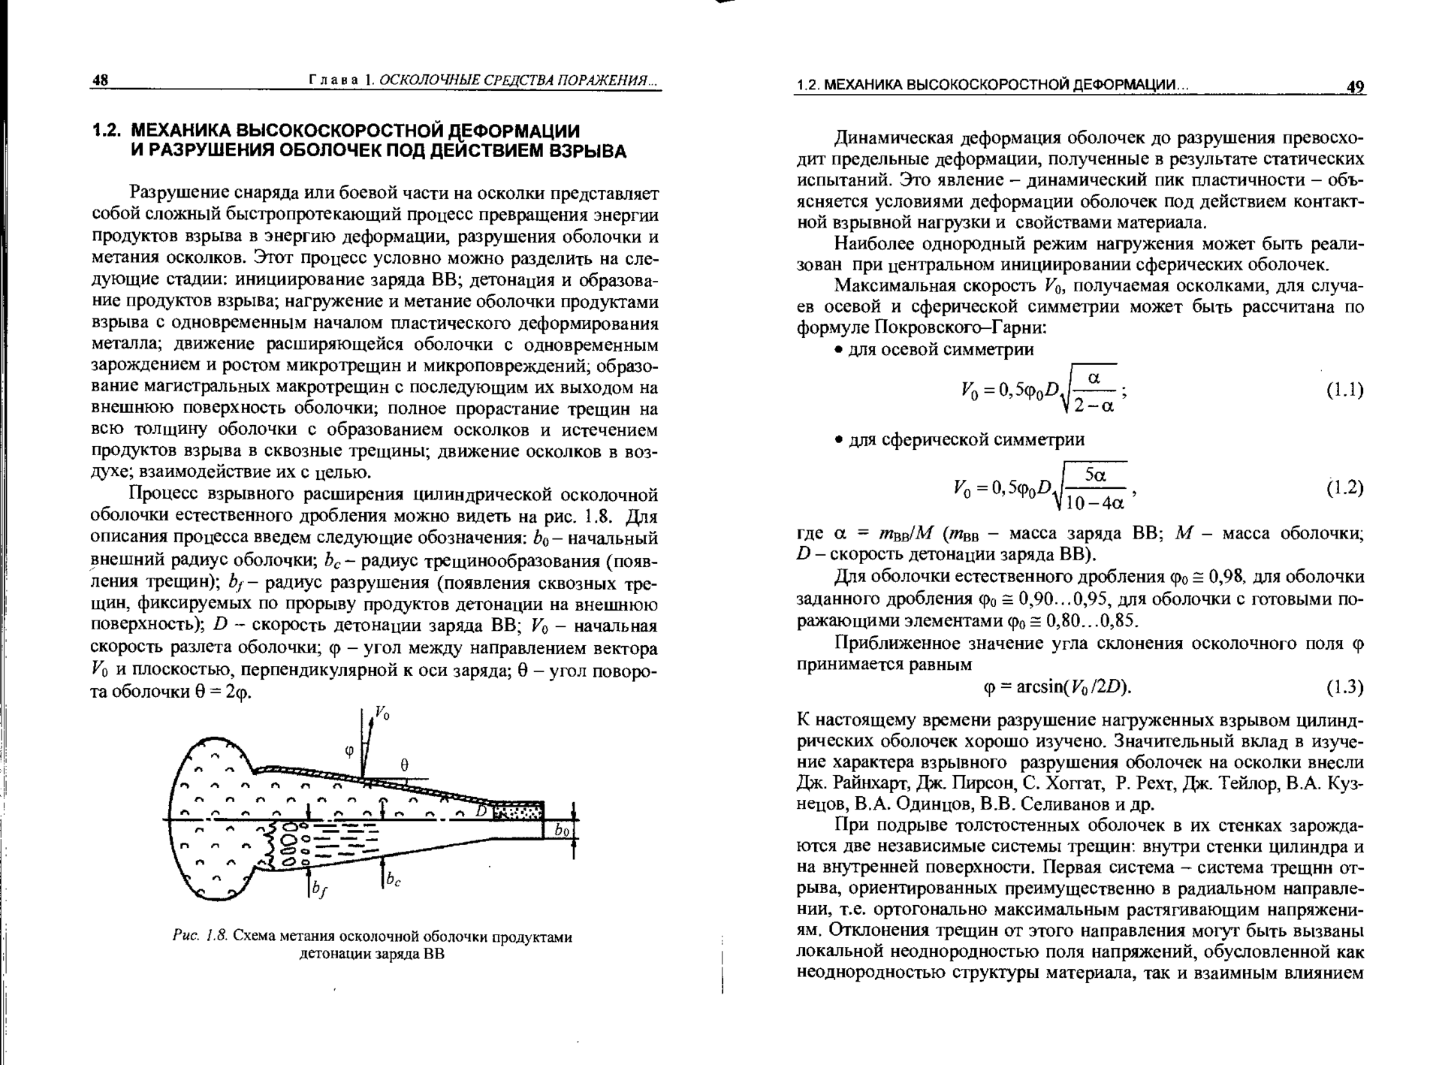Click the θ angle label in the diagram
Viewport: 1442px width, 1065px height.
point(404,765)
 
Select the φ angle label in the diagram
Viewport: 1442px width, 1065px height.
point(348,750)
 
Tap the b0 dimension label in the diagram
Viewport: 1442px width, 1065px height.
point(562,831)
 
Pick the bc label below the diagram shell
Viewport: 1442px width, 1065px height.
point(392,880)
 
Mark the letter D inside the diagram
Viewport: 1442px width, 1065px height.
point(482,812)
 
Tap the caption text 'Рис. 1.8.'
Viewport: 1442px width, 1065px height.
point(199,937)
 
